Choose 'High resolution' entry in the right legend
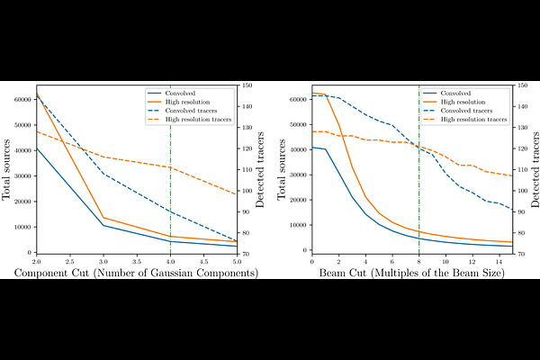460,101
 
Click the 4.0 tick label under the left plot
170,260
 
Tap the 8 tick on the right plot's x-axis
419,260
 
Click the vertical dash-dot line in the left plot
170,180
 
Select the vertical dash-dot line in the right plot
419,180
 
